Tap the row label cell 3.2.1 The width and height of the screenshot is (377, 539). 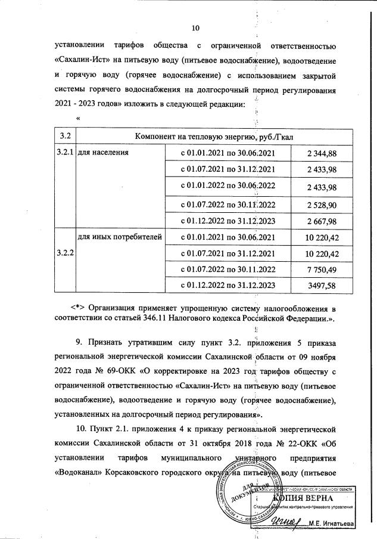click(64, 153)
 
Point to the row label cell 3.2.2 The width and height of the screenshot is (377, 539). click(64, 253)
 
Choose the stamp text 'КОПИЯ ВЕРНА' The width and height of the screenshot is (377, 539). click(303, 497)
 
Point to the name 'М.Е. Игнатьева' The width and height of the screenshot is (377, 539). click(331, 523)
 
